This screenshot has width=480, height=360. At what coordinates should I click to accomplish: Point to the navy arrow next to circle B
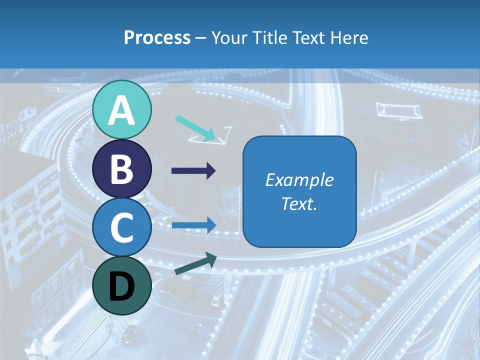[x=193, y=171]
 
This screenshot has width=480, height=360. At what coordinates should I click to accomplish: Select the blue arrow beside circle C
[x=193, y=225]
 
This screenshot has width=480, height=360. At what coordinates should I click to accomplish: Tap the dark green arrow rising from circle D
[x=195, y=264]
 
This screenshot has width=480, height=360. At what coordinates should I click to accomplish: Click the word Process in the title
[x=157, y=37]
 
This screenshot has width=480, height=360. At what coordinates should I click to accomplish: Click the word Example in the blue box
[x=299, y=180]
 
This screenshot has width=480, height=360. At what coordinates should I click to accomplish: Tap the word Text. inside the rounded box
[x=299, y=204]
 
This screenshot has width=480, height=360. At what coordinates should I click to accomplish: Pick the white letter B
[x=121, y=169]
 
